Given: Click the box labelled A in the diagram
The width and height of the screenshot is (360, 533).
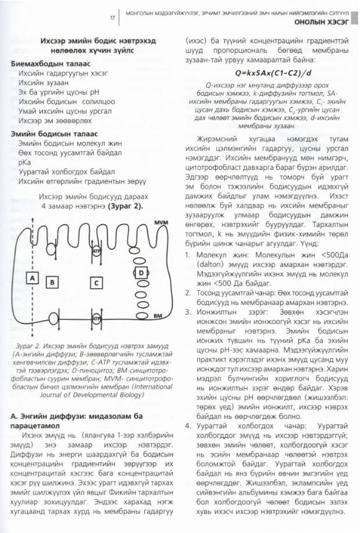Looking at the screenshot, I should pos(32,278).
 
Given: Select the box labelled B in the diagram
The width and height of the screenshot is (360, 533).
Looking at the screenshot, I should pos(53,282).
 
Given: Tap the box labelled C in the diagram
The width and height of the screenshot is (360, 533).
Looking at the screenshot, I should pos(96,282).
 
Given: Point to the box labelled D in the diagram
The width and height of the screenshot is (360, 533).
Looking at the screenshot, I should pos(141,272).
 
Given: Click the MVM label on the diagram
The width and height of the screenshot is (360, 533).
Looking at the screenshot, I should pos(161,223).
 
